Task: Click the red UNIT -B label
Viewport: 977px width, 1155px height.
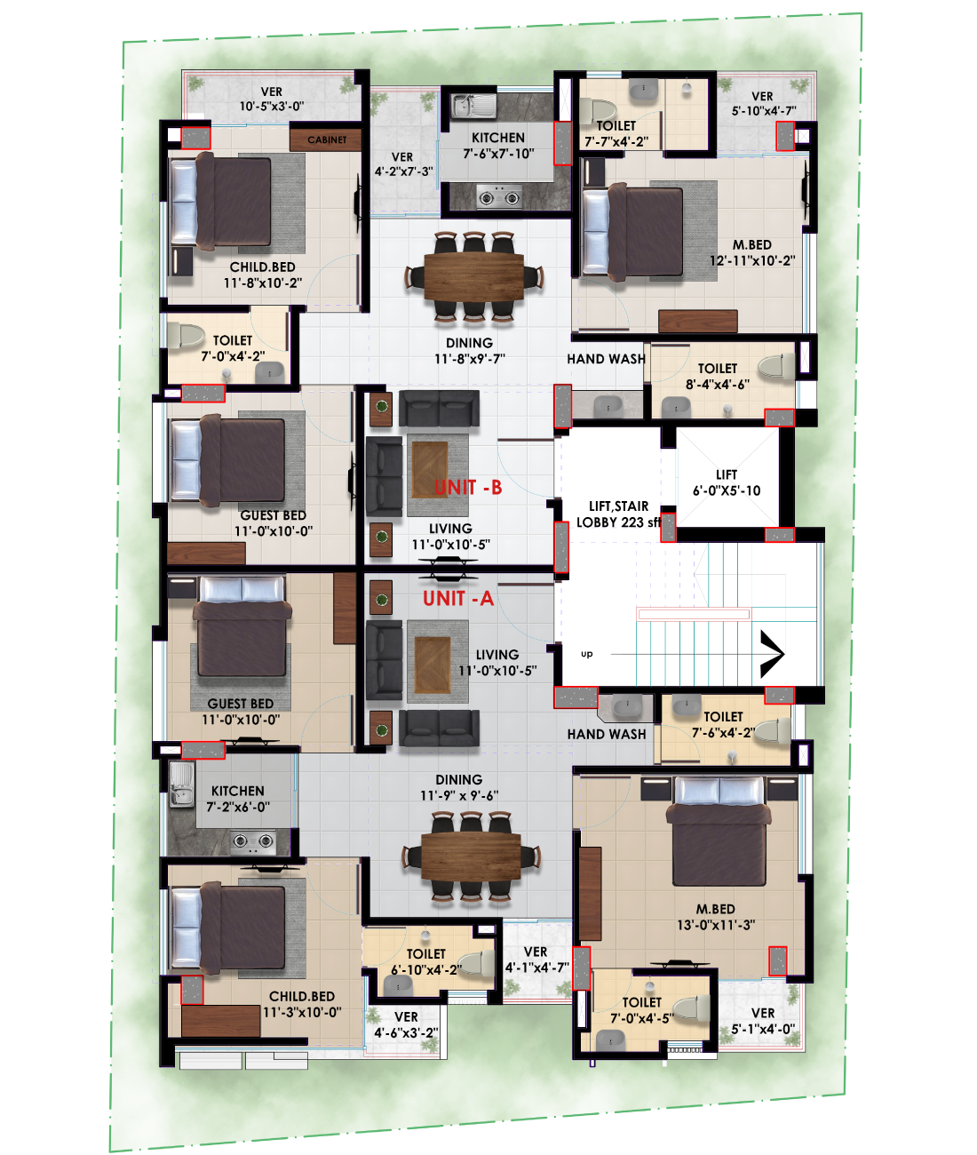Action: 468,488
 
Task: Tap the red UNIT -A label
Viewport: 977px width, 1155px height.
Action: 458,599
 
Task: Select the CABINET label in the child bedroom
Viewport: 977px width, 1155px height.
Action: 327,139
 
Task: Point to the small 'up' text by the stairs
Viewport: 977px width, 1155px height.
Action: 586,654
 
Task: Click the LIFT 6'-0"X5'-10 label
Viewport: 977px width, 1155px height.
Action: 727,482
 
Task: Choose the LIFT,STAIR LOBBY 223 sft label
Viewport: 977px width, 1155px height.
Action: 619,514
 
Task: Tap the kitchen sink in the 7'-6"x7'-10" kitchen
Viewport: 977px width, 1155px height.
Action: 473,106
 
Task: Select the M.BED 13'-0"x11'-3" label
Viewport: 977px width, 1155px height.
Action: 716,917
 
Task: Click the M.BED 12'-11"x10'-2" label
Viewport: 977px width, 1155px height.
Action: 752,252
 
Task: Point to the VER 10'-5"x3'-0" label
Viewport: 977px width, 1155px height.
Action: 272,99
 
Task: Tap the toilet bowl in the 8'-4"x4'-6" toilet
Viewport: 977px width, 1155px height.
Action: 776,366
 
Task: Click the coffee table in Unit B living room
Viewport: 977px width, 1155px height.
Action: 430,469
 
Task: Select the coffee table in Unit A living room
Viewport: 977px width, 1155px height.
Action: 433,665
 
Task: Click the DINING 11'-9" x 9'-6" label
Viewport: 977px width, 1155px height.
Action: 459,787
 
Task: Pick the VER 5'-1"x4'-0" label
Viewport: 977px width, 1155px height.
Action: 763,1021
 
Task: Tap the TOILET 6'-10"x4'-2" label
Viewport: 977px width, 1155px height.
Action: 426,961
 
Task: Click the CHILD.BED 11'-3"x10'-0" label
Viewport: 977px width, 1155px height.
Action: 302,1004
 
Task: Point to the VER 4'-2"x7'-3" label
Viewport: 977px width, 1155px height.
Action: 402,164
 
